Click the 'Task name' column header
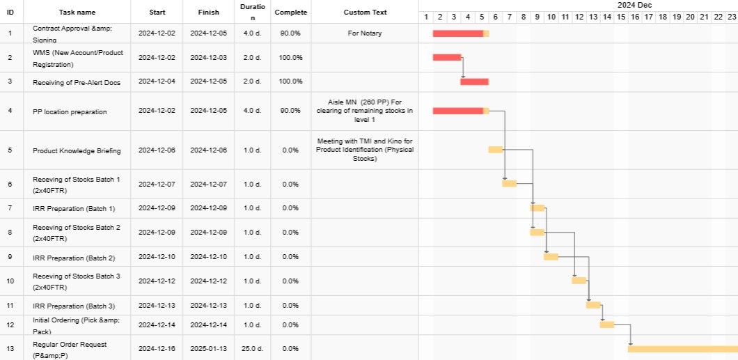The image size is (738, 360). [77, 13]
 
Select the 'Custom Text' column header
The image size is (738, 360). [365, 13]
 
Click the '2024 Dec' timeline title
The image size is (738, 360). [634, 5]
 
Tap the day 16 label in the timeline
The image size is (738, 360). [634, 17]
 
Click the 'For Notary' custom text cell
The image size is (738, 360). [365, 33]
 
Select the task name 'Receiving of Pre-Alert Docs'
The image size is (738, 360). [77, 82]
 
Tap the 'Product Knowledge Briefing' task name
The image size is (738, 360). [77, 150]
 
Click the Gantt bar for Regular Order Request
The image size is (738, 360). [682, 349]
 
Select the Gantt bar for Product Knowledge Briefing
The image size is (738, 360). [495, 150]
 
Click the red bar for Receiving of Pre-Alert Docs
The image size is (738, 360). [474, 81]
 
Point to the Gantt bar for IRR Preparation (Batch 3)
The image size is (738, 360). [593, 304]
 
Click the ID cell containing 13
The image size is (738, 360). [10, 348]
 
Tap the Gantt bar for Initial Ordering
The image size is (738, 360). [606, 324]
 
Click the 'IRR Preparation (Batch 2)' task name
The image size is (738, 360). [74, 257]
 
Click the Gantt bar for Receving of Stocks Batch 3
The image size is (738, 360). [579, 281]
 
